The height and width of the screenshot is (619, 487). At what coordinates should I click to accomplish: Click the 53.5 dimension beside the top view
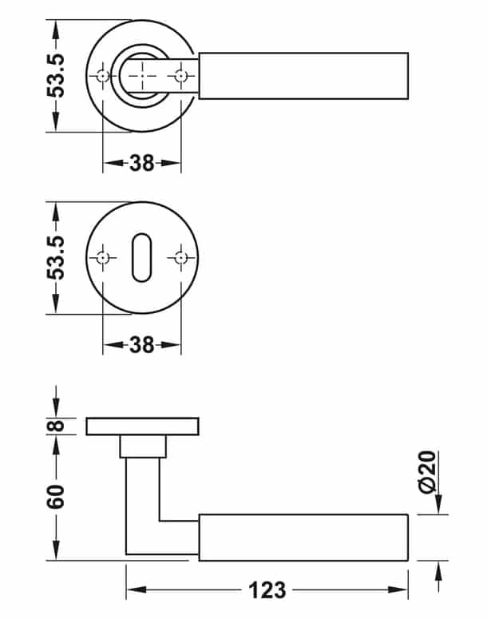(x=55, y=76)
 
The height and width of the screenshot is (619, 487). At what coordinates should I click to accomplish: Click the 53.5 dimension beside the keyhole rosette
(x=55, y=257)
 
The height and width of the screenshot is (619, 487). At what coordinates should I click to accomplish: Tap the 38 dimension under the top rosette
(x=142, y=163)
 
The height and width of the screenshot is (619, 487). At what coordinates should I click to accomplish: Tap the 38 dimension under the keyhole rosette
(x=142, y=345)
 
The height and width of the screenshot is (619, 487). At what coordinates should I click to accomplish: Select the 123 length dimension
(x=267, y=590)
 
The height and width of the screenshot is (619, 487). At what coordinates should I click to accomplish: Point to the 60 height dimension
(x=55, y=498)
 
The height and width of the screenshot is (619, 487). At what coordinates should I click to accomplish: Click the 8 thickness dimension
(x=55, y=427)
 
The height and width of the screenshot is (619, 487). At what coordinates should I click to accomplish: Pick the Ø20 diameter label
(x=428, y=473)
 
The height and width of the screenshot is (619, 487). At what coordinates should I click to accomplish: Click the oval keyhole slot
(x=142, y=258)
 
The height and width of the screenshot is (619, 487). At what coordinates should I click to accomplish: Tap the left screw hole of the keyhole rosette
(x=103, y=258)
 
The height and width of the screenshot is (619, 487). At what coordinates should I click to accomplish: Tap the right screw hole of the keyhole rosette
(x=180, y=258)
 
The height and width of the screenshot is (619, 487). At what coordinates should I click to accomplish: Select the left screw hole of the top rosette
(x=103, y=76)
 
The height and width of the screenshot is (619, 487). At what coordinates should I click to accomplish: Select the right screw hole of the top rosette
(x=180, y=76)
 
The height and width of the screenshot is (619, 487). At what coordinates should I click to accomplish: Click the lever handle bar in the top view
(x=303, y=76)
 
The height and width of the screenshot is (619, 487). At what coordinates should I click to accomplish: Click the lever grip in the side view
(x=303, y=538)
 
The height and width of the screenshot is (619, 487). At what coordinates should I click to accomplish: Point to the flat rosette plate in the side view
(x=142, y=426)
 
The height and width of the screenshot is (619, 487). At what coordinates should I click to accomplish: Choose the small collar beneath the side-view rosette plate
(x=142, y=446)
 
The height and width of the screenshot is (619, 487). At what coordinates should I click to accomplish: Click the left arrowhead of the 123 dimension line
(x=133, y=590)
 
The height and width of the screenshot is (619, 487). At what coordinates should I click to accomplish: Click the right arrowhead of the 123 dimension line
(x=402, y=590)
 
